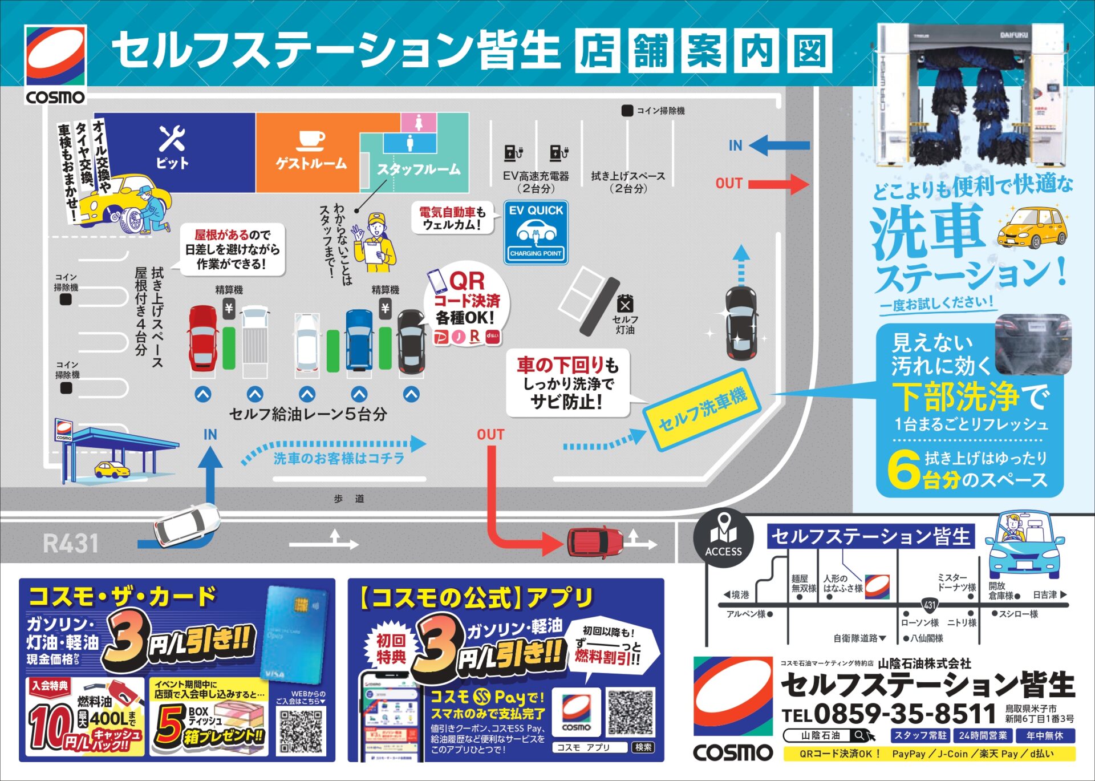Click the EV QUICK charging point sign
536,232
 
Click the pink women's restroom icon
419,122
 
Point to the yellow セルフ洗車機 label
702,408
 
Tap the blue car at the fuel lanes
359,339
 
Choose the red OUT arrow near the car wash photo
778,184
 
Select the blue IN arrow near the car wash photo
779,145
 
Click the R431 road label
71,543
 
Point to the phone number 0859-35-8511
905,714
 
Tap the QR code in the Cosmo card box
302,731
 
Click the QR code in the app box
631,713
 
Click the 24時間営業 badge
983,736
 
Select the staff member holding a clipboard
374,242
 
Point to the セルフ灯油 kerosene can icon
625,304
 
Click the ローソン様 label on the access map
919,622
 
